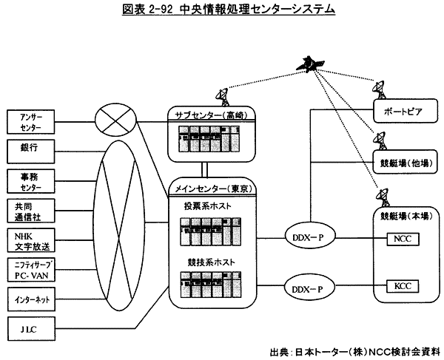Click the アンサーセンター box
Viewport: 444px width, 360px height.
pyautogui.click(x=33, y=120)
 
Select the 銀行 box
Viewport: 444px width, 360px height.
pyautogui.click(x=33, y=149)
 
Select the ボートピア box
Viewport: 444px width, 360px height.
pyautogui.click(x=398, y=113)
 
